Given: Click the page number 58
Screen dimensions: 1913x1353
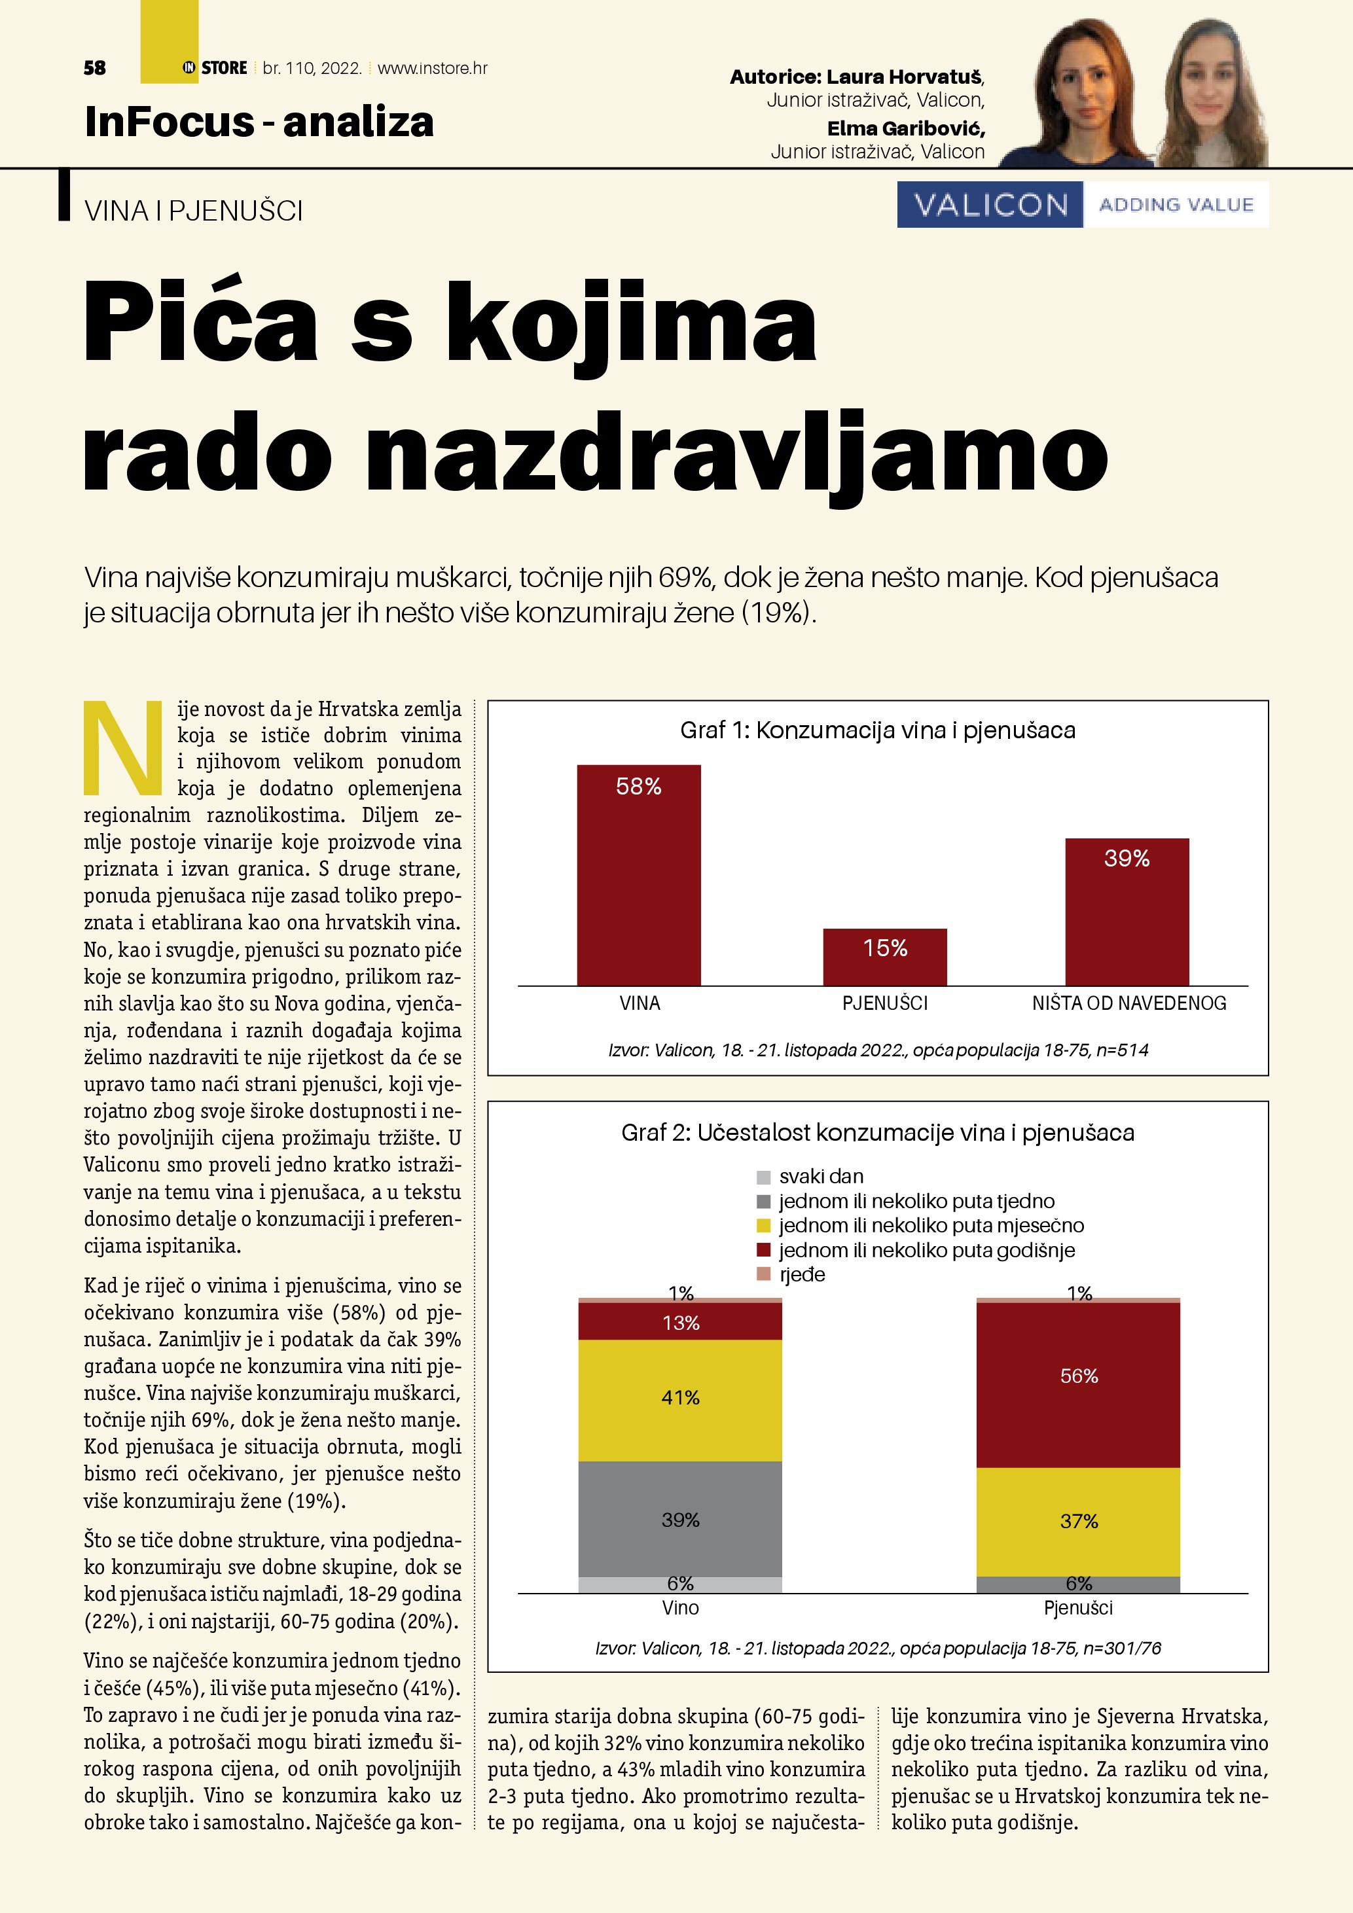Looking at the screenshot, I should (95, 68).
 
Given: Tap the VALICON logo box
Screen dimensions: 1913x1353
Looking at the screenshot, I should (990, 205).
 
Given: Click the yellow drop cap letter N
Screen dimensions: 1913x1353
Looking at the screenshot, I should (123, 747).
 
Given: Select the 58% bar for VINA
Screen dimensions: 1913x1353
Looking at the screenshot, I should (638, 875).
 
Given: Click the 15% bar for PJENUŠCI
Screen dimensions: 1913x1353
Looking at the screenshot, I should (885, 957).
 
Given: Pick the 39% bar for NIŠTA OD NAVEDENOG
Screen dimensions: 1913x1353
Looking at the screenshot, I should (1127, 912).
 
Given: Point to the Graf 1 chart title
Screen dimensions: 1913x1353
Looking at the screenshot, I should (877, 730).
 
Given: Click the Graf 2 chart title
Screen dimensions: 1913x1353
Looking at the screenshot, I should (877, 1133).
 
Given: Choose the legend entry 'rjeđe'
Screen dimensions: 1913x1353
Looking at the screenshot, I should (801, 1275).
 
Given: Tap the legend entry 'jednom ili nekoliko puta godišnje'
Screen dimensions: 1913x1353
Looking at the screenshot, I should (926, 1250).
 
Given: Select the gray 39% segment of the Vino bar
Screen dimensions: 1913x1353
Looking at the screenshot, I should (680, 1520).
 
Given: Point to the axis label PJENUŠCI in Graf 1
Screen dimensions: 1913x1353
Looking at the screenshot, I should (885, 1003).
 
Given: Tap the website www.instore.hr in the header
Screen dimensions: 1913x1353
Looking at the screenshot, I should (433, 68).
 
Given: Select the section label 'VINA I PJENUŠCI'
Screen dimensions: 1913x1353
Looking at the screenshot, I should (193, 211).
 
